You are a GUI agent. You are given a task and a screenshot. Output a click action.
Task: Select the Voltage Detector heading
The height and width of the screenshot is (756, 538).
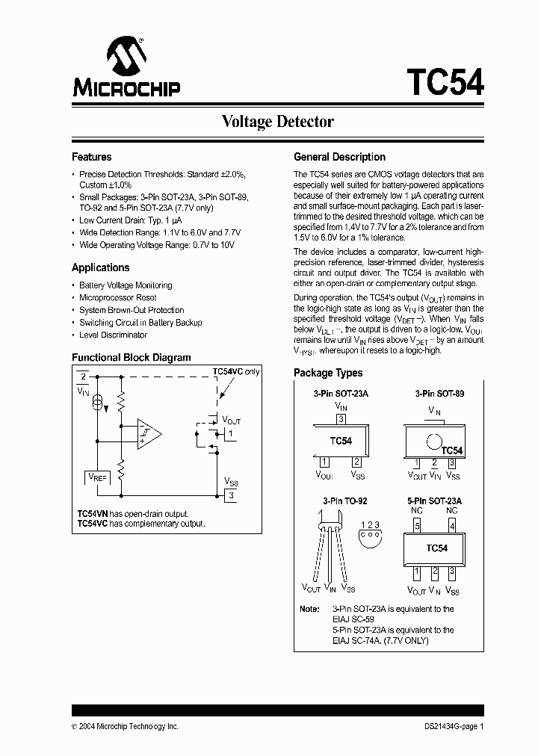coord(277,122)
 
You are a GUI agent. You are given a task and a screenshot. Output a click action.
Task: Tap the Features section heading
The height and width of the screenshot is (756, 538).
coord(92,157)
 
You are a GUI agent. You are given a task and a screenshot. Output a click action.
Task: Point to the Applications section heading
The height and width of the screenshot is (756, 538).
coord(101,267)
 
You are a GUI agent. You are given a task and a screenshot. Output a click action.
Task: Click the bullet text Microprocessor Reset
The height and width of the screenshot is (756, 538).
coord(118,297)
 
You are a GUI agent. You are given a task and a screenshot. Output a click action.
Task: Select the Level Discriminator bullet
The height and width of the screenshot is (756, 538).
coord(113,335)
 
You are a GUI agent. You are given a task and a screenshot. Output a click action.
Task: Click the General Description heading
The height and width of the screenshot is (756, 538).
coord(339,157)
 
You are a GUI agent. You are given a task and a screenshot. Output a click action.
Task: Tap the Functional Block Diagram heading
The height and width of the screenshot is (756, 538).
coord(131,358)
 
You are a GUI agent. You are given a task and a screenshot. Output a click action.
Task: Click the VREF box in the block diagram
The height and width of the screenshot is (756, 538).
coord(97,476)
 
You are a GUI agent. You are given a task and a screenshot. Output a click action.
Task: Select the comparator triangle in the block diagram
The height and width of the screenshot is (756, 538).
coord(150,434)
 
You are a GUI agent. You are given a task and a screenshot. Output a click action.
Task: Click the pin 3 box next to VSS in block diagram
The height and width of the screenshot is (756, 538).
coord(232,495)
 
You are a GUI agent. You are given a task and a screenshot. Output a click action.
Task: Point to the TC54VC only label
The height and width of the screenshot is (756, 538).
coord(236,371)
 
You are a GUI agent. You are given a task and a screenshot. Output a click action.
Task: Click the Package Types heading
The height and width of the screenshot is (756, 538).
coord(328,373)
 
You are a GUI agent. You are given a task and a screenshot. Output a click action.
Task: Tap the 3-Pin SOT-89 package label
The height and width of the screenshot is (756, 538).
coord(439,393)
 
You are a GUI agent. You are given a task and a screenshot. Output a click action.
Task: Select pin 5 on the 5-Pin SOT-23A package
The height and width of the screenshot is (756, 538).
coord(418,526)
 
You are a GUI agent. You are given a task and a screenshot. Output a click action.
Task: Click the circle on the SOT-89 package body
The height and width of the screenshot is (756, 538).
coord(433,440)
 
